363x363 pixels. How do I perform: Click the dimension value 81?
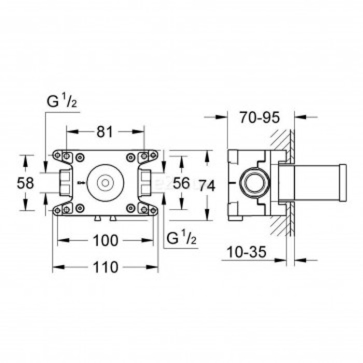[105, 132]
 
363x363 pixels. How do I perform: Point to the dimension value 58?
[25, 183]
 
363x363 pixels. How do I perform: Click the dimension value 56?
[181, 183]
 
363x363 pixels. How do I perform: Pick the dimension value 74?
[207, 185]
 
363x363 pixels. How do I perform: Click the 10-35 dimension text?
[246, 253]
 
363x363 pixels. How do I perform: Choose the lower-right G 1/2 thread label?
[182, 239]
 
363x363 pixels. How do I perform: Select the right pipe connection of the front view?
[146, 182]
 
